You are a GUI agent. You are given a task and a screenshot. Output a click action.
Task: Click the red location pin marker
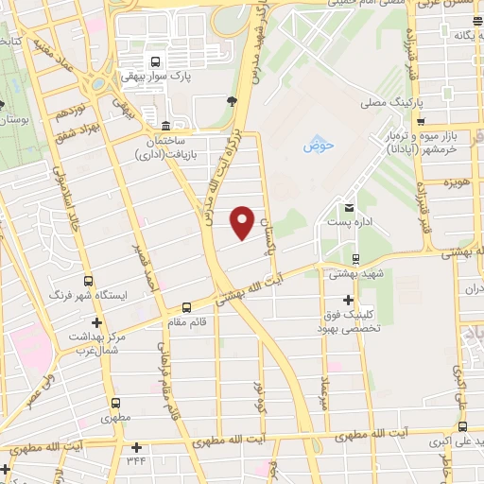243,221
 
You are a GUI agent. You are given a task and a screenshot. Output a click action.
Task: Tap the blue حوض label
313,146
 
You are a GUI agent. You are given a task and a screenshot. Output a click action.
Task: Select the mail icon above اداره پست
349,207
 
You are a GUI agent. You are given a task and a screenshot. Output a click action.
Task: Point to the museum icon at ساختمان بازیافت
165,127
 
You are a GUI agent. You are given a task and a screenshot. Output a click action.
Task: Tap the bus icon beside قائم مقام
186,307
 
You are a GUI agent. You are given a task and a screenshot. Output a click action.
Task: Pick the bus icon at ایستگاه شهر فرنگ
88,281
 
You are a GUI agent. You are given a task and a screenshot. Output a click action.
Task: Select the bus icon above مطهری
116,402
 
